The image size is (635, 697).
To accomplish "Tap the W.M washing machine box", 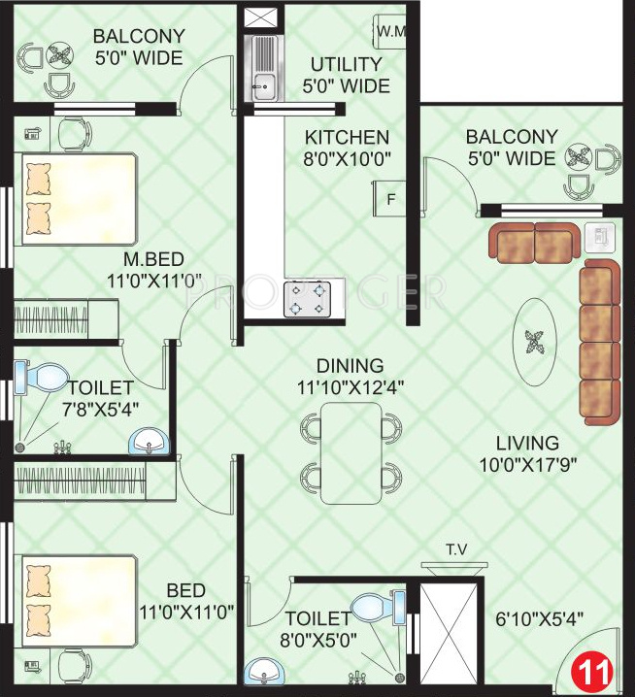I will pyautogui.click(x=390, y=31).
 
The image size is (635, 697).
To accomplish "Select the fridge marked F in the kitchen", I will pyautogui.click(x=390, y=200).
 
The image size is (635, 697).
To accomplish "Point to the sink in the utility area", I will pyautogui.click(x=263, y=68).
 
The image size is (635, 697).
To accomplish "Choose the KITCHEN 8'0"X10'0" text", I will pyautogui.click(x=347, y=149).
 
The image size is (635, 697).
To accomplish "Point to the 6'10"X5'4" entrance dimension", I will pyautogui.click(x=538, y=618).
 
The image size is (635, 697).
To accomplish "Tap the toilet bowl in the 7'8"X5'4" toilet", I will pyautogui.click(x=43, y=376).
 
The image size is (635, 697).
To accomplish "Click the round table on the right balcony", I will pyautogui.click(x=579, y=157).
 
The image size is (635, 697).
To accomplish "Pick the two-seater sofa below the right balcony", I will pyautogui.click(x=533, y=242).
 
